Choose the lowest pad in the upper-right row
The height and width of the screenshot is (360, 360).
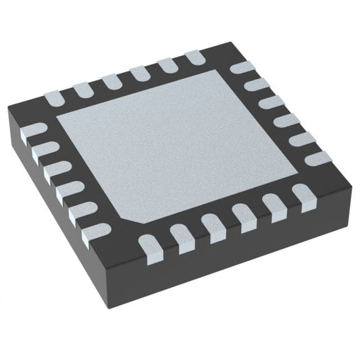317,159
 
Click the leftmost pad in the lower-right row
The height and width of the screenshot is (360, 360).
149,245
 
